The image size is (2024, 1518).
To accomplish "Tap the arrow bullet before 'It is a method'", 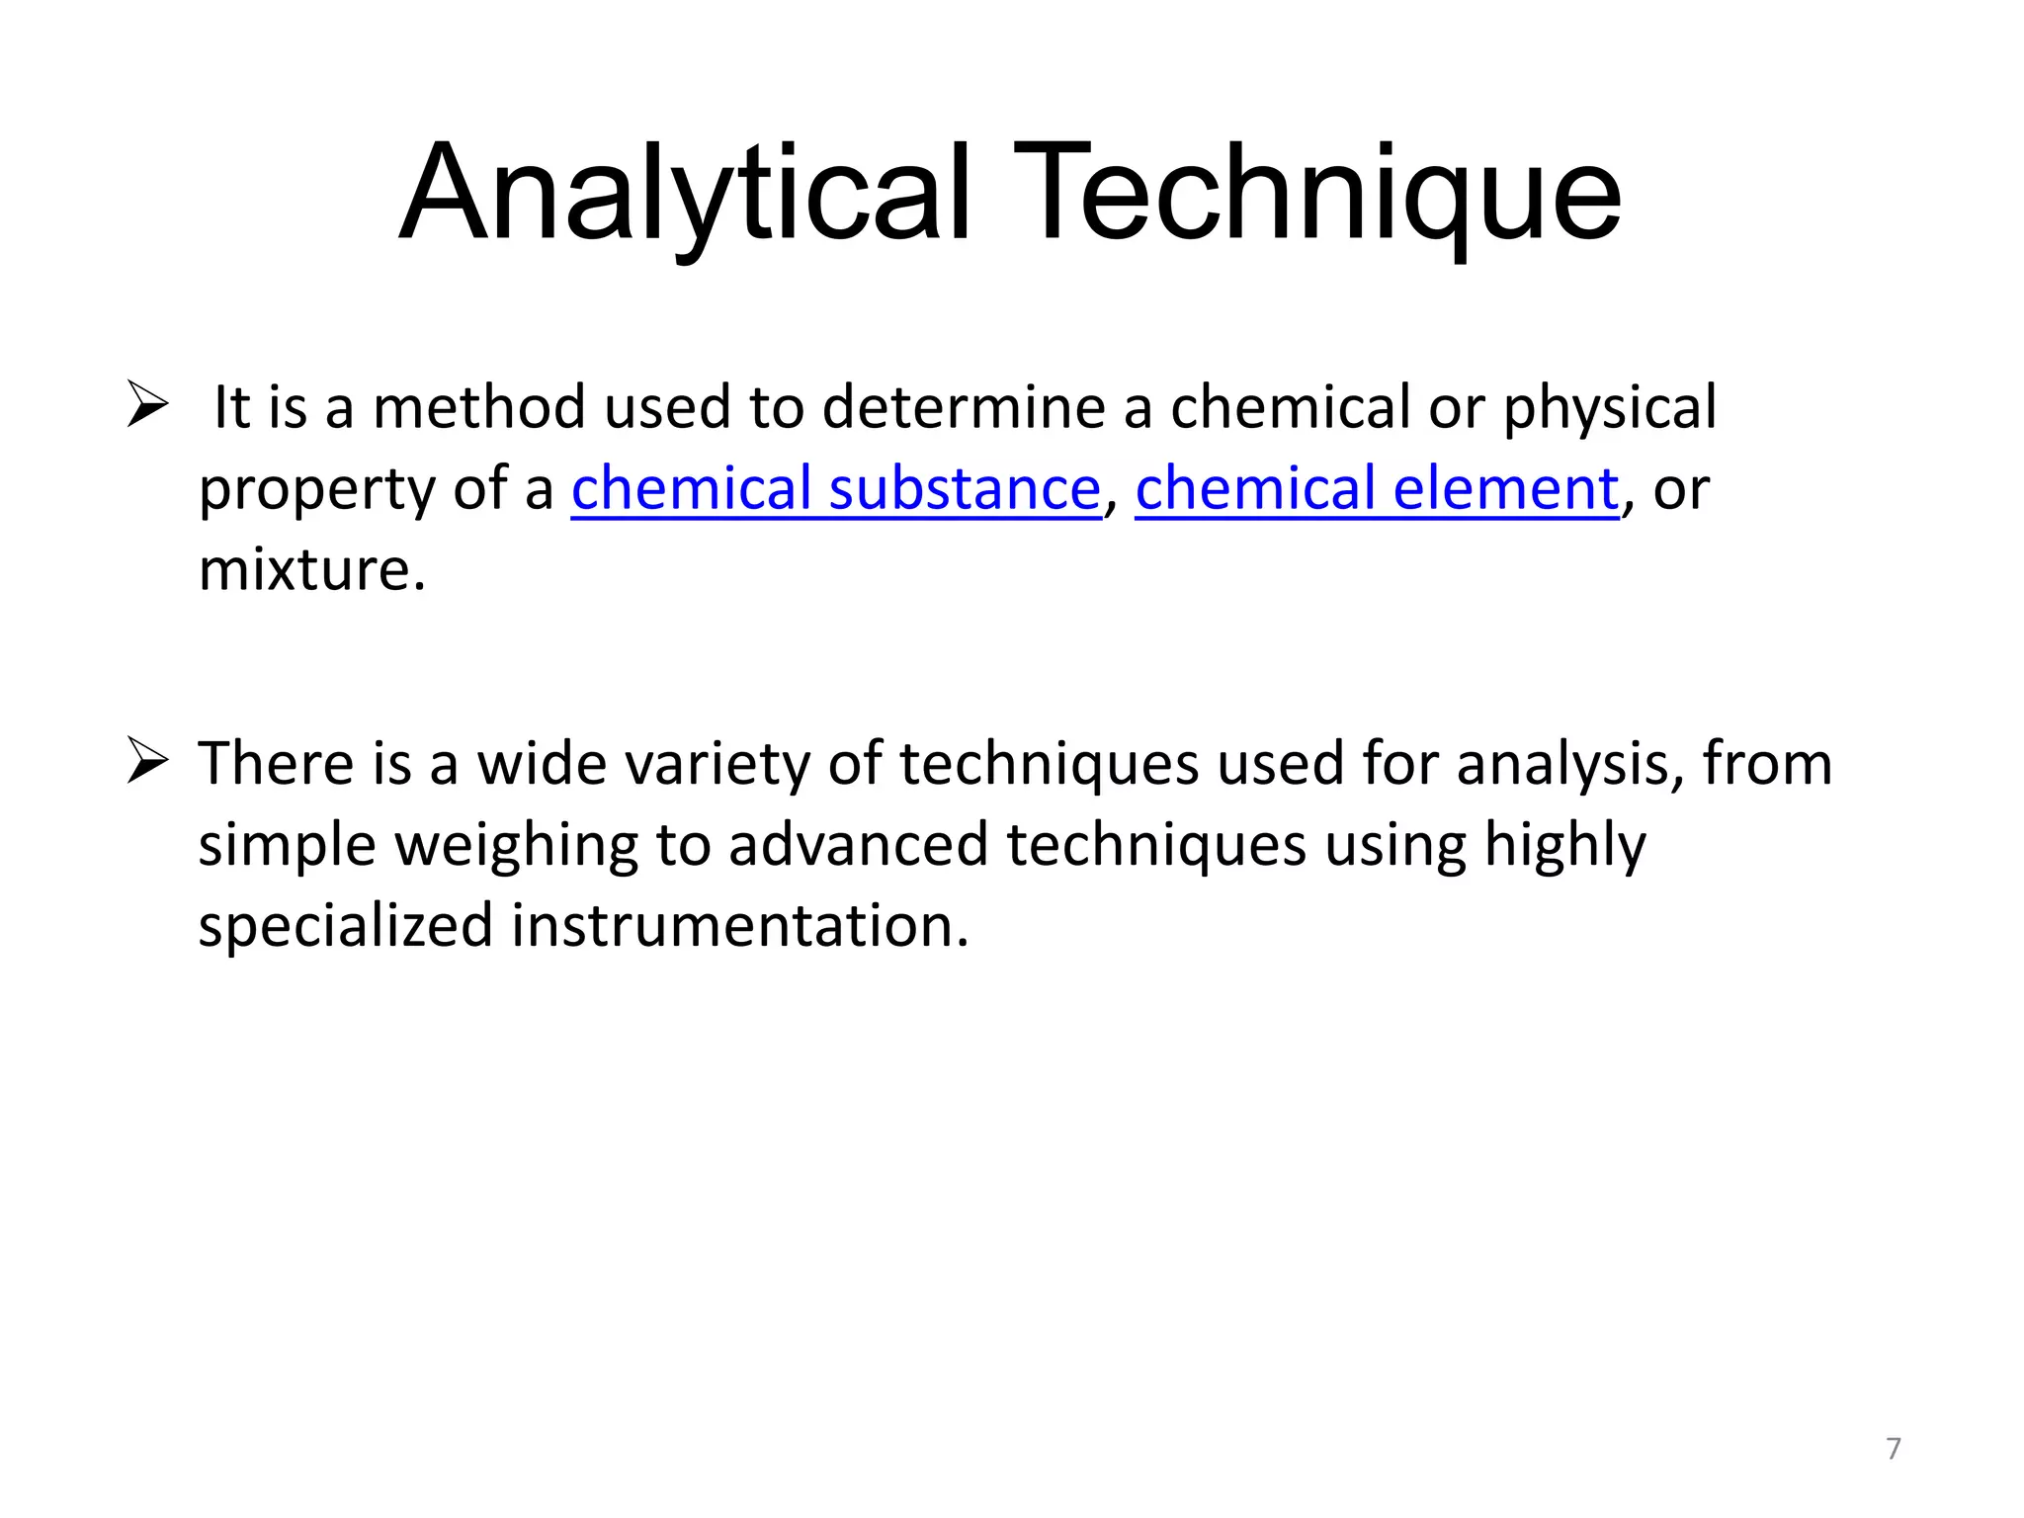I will (148, 405).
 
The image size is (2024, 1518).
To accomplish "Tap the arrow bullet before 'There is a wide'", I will (148, 762).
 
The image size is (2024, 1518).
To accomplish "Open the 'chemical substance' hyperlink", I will (835, 488).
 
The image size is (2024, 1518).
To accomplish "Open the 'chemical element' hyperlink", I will (1376, 488).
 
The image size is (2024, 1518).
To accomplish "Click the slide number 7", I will (1893, 1448).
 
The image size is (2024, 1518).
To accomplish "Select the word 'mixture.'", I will (312, 570).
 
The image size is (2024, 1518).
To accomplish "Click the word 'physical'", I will (1610, 409).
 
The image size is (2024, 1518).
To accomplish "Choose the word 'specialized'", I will (345, 927).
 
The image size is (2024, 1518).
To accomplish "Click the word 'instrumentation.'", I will (740, 926).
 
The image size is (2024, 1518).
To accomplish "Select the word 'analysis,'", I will (1570, 765).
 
